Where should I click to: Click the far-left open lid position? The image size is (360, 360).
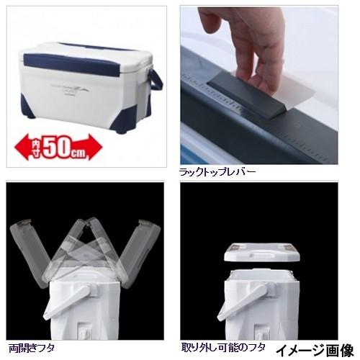25,252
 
